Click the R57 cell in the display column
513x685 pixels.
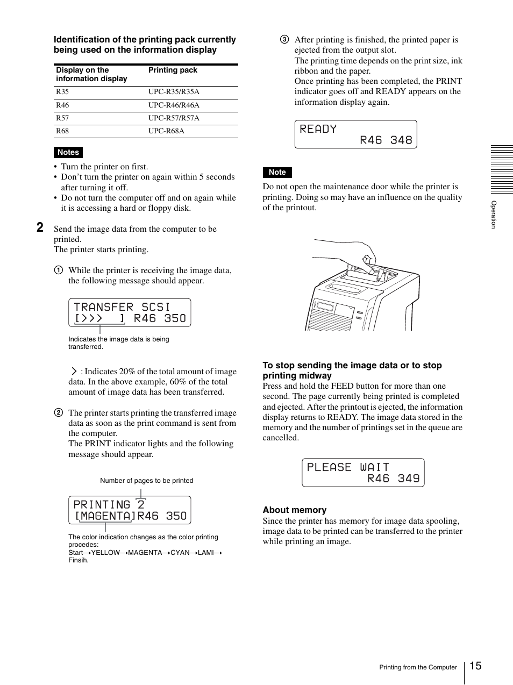pyautogui.click(x=62, y=118)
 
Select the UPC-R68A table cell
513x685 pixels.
pyautogui.click(x=166, y=131)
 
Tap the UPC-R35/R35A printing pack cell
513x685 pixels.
pyautogui.click(x=174, y=92)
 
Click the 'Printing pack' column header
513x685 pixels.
pyautogui.click(x=173, y=70)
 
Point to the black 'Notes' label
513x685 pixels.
pyautogui.click(x=68, y=153)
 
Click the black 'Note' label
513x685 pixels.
pyautogui.click(x=277, y=173)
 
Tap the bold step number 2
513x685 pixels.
pyautogui.click(x=40, y=228)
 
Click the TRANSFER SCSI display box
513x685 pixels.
pyautogui.click(x=130, y=313)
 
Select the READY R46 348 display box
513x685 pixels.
pyautogui.click(x=355, y=134)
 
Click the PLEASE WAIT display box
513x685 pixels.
pyautogui.click(x=363, y=473)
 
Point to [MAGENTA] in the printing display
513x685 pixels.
pyautogui.click(x=105, y=516)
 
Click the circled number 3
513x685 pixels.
pyautogui.click(x=284, y=40)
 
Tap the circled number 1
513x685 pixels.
pyautogui.click(x=58, y=270)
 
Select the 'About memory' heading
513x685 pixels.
pyautogui.click(x=294, y=510)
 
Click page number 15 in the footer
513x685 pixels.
pyautogui.click(x=475, y=666)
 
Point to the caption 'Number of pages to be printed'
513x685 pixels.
pyautogui.click(x=146, y=481)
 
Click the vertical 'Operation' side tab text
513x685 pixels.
pyautogui.click(x=494, y=215)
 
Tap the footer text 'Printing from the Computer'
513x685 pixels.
pyautogui.click(x=418, y=668)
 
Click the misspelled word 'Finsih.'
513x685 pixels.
pyautogui.click(x=79, y=560)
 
